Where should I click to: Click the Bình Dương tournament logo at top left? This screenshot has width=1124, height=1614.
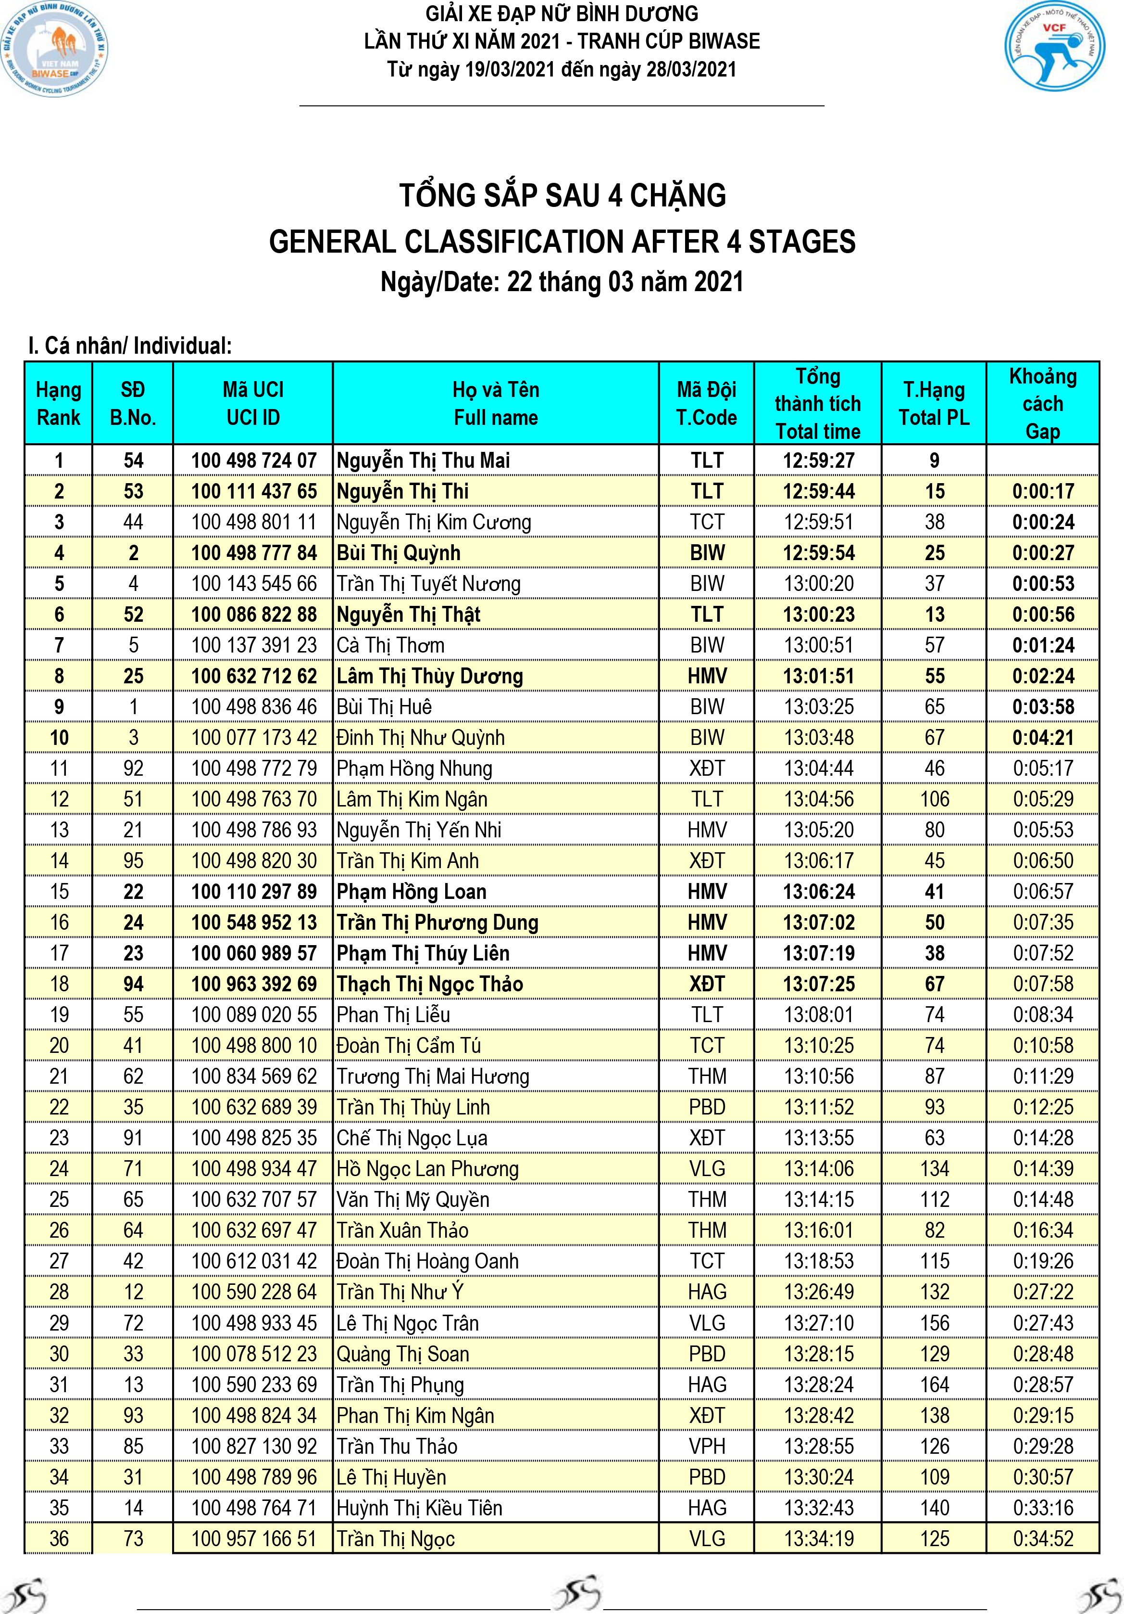click(55, 49)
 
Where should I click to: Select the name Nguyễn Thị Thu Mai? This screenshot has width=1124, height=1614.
click(423, 461)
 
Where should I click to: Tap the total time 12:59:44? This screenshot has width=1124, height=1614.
click(818, 491)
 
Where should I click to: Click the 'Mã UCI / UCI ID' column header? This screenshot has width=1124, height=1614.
click(253, 403)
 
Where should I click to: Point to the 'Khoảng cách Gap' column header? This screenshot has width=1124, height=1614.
click(1042, 403)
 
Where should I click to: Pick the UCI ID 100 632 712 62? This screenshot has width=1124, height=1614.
click(254, 676)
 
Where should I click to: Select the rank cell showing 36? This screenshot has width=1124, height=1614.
click(59, 1539)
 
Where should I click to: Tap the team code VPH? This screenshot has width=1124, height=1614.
click(707, 1446)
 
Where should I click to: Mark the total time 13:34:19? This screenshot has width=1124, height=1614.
click(818, 1539)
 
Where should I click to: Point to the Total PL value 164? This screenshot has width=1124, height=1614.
click(934, 1385)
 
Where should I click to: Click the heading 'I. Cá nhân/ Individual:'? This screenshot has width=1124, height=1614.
click(130, 346)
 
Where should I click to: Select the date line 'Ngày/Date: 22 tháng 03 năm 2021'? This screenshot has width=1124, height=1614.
click(562, 282)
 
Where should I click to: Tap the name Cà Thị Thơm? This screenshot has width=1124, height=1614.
click(390, 645)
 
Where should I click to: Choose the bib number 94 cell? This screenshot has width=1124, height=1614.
click(133, 984)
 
